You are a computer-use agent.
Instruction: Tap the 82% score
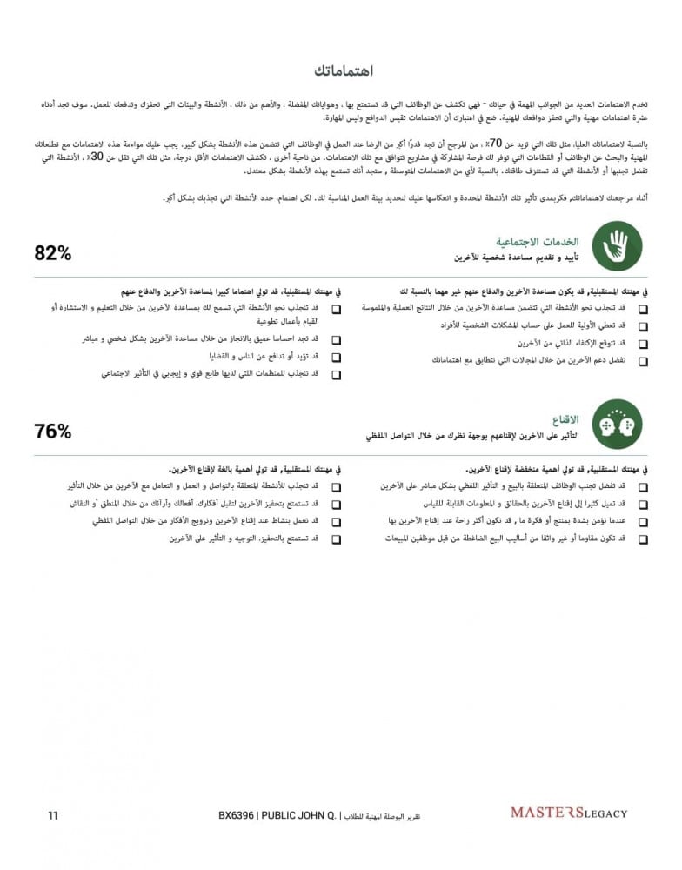pos(53,252)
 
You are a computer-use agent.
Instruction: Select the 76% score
pos(53,431)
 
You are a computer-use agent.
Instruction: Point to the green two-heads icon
pos(616,424)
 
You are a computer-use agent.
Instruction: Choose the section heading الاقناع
pos(566,418)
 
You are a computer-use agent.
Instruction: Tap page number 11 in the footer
pos(53,815)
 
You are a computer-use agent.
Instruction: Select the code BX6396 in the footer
pos(236,815)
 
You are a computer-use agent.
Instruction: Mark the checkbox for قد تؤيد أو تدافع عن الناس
pos(336,358)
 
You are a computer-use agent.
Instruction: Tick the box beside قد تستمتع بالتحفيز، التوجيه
pos(336,539)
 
